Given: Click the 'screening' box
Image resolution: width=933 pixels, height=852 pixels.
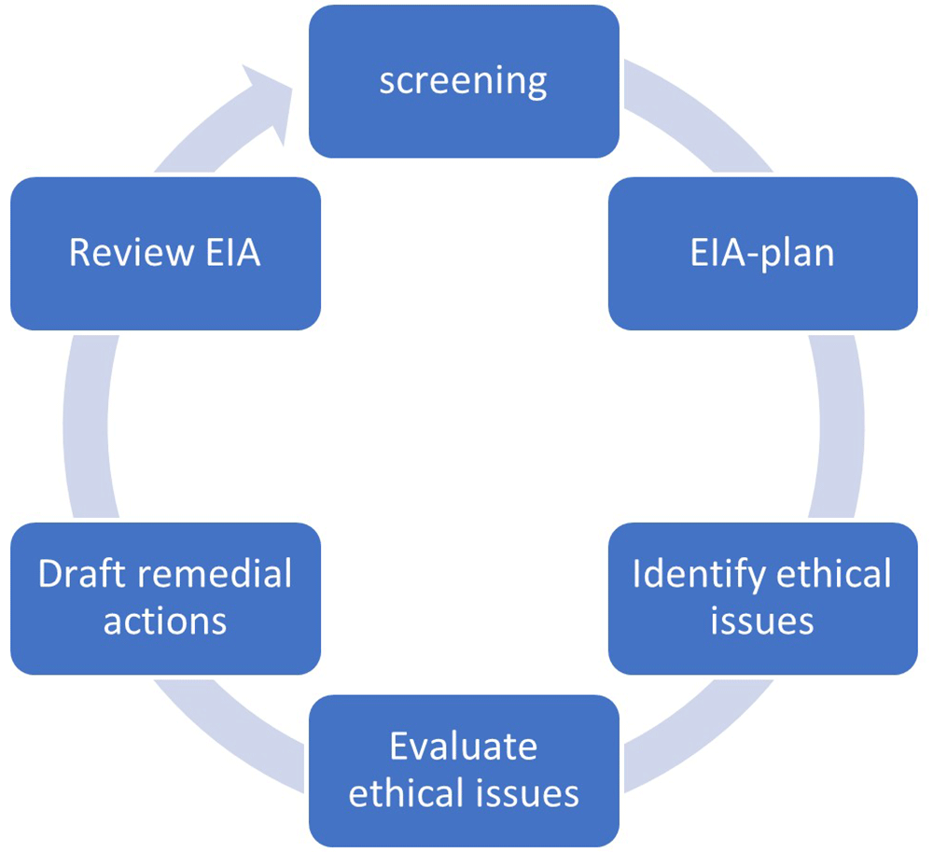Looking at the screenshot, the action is pos(464,81).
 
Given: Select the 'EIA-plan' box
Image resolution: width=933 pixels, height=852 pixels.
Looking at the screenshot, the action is pos(763,254).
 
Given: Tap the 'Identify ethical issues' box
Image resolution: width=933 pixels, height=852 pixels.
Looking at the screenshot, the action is pos(763,598).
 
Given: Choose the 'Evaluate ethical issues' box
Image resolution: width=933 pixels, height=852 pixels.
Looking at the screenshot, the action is pos(464,771).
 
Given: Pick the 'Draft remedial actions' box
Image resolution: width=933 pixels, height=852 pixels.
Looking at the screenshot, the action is pos(165,598).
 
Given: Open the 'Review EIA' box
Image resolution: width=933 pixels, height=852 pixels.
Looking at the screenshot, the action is pos(165,254).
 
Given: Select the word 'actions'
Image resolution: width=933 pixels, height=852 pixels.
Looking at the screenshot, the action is pos(165,622).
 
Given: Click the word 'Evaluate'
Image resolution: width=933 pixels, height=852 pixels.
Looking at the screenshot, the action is pos(464,747).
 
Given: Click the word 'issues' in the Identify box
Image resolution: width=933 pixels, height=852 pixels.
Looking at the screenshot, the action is pos(762,622).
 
